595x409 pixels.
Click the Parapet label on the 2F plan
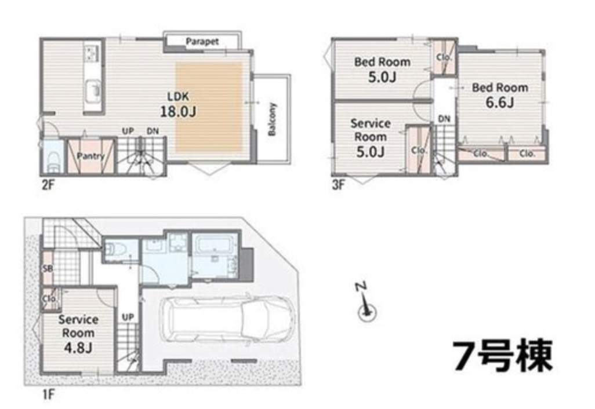coord(202,41)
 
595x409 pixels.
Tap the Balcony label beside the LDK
coord(272,119)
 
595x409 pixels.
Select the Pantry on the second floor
coord(90,156)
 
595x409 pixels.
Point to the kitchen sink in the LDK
coord(93,89)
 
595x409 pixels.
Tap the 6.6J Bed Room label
coord(500,95)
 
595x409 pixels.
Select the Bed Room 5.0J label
coord(382,70)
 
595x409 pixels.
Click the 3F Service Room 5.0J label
coord(371,138)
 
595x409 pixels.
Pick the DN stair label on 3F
coord(444,119)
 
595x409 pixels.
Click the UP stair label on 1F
coord(128,317)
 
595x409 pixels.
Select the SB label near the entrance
coord(48,269)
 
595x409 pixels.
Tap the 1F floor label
coord(48,395)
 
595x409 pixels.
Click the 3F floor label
coord(339,185)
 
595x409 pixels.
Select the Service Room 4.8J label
coord(78,334)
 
